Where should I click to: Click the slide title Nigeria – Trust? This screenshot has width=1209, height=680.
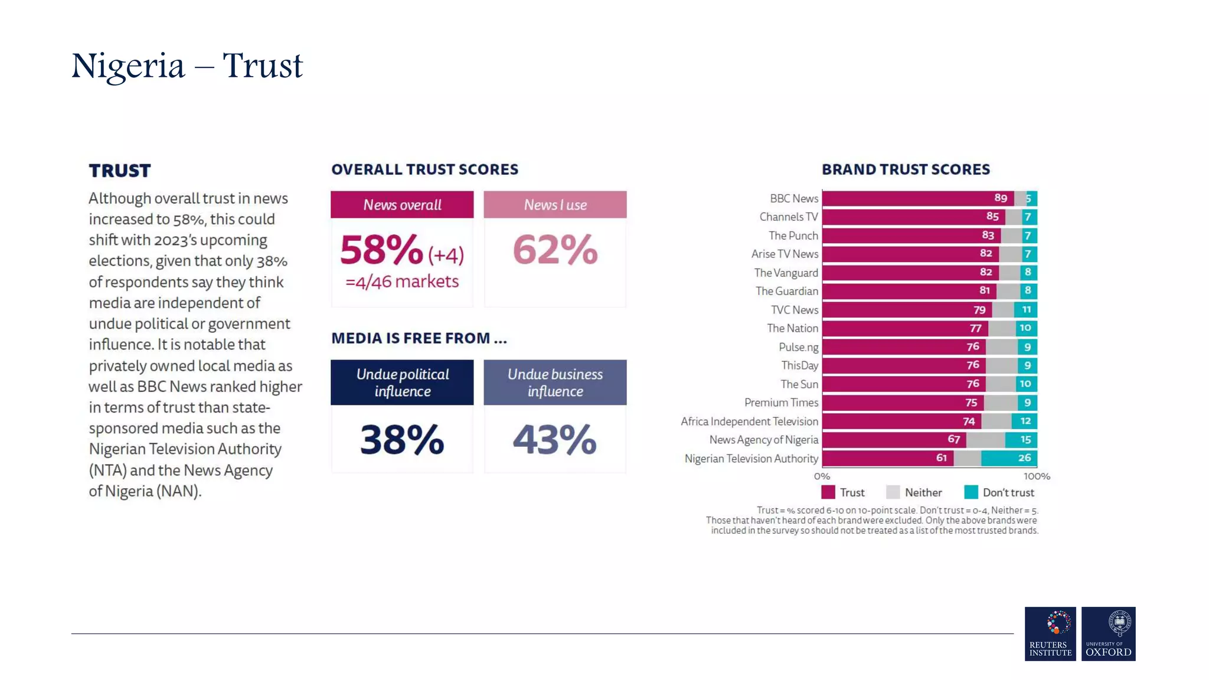187,66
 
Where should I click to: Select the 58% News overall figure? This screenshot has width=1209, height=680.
381,250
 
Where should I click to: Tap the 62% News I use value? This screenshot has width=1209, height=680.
555,250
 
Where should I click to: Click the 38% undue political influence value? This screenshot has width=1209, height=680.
402,440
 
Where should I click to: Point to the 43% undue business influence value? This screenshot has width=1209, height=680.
555,440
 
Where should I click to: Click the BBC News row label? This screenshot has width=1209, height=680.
793,198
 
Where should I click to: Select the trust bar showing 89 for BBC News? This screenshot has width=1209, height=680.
917,198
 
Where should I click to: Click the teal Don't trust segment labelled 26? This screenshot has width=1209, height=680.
1009,458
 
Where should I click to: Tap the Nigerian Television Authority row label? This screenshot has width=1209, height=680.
751,459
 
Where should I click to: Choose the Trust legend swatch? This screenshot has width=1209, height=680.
828,492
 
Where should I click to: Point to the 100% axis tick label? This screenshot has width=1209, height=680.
1037,476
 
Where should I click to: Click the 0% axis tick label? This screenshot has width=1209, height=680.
822,476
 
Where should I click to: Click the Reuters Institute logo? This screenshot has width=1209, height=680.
1050,634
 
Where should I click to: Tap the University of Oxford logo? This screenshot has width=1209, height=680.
1108,634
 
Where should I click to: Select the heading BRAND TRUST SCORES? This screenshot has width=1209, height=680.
906,169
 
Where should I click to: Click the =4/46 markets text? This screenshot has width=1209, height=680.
402,282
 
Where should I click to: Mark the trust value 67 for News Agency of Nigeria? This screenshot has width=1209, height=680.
954,439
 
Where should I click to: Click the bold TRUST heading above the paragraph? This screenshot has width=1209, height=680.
120,171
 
